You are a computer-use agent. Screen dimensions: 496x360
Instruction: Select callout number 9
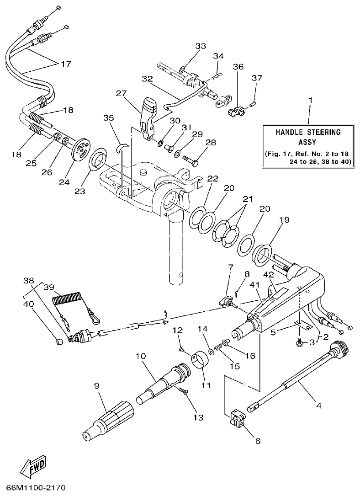(96, 386)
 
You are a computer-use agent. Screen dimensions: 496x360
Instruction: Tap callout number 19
(284, 220)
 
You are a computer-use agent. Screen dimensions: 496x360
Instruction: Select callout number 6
(257, 441)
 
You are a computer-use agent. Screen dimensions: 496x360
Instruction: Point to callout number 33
(201, 46)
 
